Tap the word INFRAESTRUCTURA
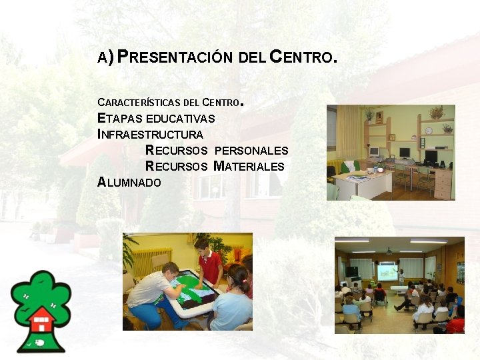[x=151, y=135]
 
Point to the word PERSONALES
[x=251, y=151]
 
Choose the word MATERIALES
[x=249, y=167]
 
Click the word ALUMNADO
[x=129, y=182]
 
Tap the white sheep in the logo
[x=40, y=342]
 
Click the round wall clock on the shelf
[x=429, y=131]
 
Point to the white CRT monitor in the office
[x=374, y=153]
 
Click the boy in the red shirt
[x=209, y=261]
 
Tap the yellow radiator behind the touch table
[x=149, y=260]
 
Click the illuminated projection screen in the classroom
[x=387, y=272]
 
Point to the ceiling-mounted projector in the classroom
[x=389, y=252]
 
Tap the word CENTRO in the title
[x=300, y=57]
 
